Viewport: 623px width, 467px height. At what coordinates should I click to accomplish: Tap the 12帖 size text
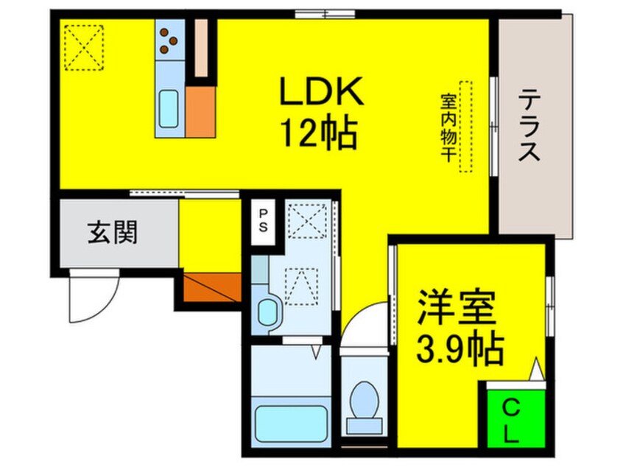coord(318,133)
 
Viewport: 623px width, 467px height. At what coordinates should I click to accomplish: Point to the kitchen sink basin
coord(169,108)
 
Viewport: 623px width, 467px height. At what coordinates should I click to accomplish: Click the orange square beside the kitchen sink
coord(200,112)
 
